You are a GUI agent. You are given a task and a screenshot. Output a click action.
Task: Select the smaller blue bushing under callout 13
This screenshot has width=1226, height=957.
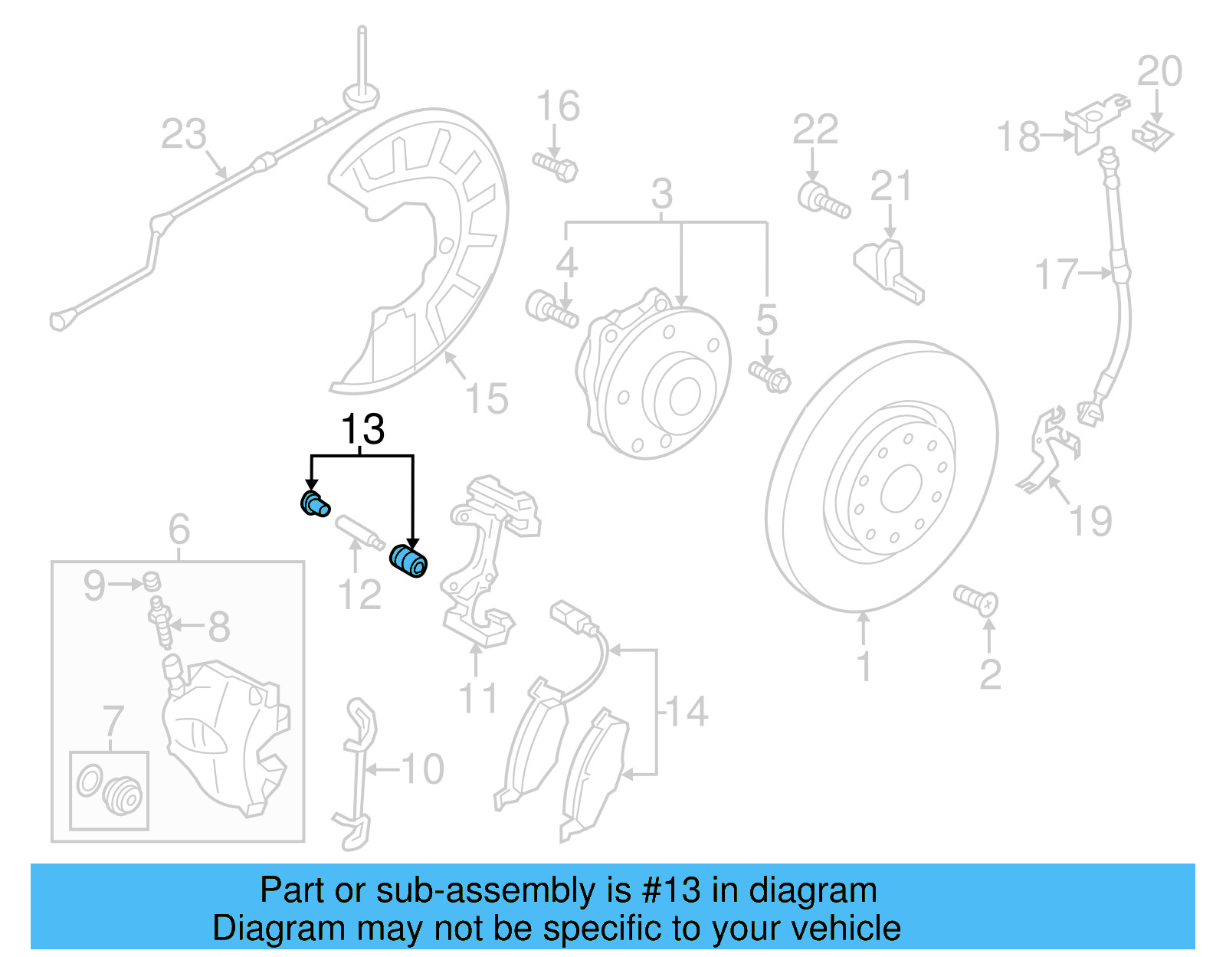[x=313, y=504]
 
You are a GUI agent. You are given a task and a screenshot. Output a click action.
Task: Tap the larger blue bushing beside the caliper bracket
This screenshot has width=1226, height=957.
[x=408, y=560]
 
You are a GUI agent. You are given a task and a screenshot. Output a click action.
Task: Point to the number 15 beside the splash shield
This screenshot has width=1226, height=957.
[x=487, y=398]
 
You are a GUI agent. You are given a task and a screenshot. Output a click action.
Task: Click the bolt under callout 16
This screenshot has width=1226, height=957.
[x=556, y=166]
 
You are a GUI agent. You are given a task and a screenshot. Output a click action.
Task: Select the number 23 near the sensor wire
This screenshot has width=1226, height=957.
[x=184, y=134]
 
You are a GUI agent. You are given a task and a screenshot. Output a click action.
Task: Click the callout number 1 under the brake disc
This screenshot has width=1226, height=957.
[x=864, y=666]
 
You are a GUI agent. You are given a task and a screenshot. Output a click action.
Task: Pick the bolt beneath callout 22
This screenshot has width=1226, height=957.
[x=823, y=199]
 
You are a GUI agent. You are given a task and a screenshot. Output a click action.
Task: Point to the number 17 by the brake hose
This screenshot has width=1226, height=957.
[x=1056, y=274]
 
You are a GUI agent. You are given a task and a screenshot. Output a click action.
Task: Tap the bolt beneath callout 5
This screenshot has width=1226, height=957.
[x=770, y=376]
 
